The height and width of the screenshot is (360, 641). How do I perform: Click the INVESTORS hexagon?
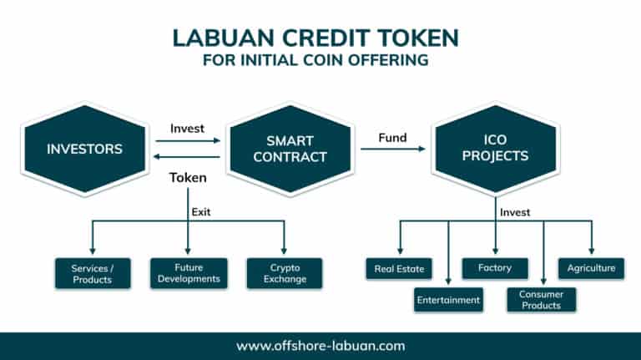(84, 150)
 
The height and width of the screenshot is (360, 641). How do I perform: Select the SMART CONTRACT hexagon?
(289, 150)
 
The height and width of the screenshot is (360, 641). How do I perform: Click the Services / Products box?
(93, 273)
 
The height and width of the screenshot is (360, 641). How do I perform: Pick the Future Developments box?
(188, 273)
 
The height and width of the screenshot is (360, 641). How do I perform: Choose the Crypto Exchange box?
(285, 273)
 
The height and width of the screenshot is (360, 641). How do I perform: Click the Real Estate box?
(399, 269)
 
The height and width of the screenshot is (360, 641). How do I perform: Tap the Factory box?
(496, 269)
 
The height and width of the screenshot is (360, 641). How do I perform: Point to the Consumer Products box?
(541, 300)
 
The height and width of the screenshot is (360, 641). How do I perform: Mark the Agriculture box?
(591, 269)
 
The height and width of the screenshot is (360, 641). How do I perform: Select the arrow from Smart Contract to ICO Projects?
(393, 150)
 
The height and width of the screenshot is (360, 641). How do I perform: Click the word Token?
(188, 178)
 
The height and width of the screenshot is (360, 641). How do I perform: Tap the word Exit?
(201, 211)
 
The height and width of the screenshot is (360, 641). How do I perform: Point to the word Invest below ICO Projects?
(514, 212)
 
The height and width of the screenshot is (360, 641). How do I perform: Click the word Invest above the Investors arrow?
(187, 129)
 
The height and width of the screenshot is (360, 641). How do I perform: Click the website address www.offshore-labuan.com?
(320, 345)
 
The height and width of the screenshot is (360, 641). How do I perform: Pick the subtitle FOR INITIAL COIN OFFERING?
(320, 60)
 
